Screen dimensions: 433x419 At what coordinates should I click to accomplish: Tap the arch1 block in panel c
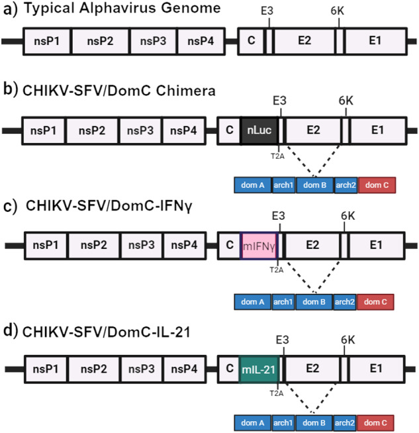(x=283, y=302)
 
